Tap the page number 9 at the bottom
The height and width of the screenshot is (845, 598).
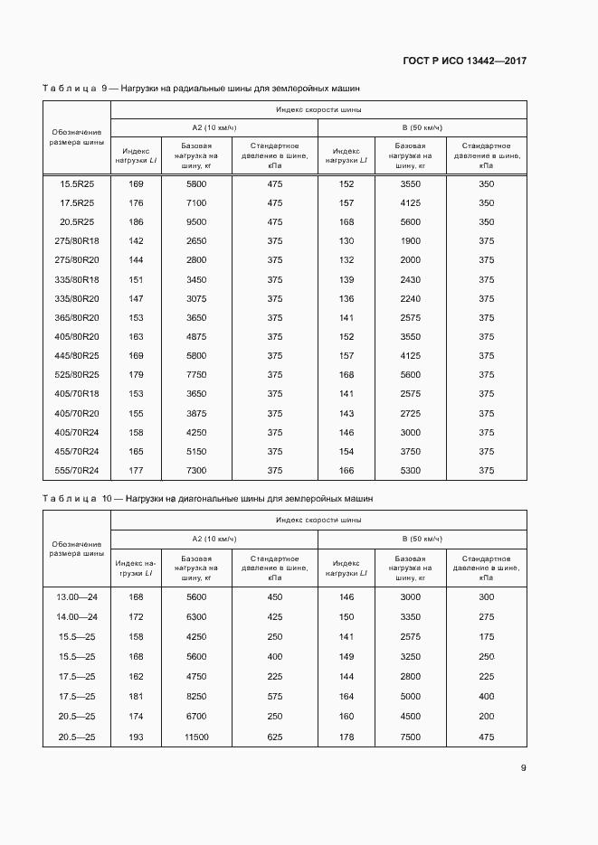point(523,768)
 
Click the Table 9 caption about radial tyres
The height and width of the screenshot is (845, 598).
point(201,89)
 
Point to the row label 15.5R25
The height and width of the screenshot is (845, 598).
point(77,184)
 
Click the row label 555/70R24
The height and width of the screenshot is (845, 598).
point(77,470)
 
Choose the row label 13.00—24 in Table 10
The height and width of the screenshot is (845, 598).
point(77,596)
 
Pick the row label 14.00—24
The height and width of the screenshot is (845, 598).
point(77,616)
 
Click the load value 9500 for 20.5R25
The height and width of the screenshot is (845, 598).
point(196,222)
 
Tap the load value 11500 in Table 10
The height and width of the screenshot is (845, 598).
point(196,737)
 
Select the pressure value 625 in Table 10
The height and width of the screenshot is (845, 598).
point(275,737)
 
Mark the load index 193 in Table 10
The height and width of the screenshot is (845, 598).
point(137,737)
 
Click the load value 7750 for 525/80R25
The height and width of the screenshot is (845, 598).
point(196,375)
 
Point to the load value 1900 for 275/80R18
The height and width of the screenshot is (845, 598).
point(411,241)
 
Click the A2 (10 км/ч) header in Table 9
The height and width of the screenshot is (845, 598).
point(214,127)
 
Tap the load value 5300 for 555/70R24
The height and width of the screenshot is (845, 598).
point(411,470)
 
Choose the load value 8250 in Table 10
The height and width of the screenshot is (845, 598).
point(196,697)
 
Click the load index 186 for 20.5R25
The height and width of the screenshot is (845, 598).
point(137,222)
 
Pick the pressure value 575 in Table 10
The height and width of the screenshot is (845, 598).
point(275,697)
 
